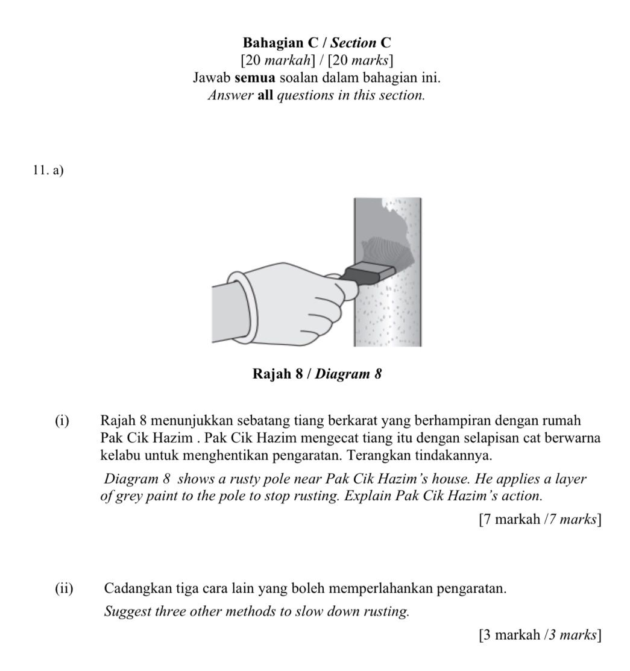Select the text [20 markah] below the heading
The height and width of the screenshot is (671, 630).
click(x=276, y=61)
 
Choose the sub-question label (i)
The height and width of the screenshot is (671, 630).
click(x=62, y=420)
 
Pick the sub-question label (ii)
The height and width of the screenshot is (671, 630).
click(x=64, y=588)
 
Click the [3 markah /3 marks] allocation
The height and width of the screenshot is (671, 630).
click(x=540, y=634)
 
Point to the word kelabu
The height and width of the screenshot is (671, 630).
click(x=121, y=454)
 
